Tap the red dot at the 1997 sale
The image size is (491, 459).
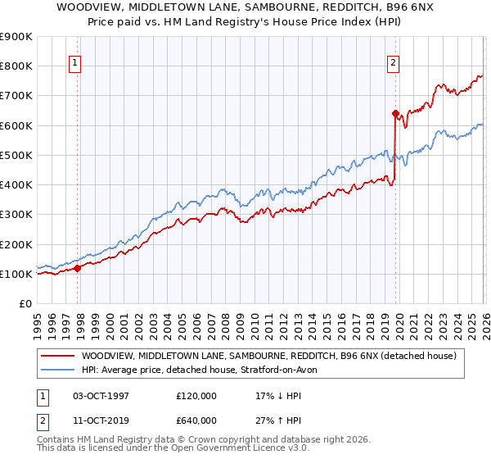click(78, 267)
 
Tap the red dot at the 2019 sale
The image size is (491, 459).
click(395, 113)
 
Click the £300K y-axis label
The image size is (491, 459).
click(16, 215)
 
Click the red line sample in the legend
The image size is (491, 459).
click(57, 356)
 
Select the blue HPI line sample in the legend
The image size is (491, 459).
click(57, 370)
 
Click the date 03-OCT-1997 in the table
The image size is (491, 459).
click(101, 396)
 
